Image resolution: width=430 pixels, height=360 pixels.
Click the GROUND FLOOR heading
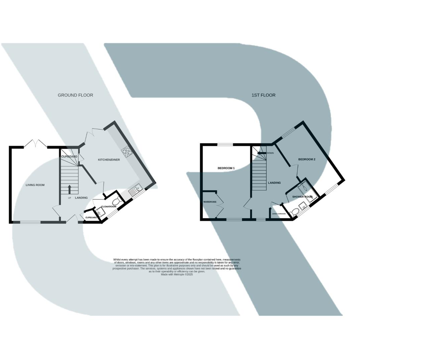tap(75, 95)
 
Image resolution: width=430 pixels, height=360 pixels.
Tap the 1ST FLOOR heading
tap(263, 95)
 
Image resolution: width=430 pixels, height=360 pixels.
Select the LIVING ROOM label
tap(35, 185)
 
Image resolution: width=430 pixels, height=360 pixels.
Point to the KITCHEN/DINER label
tap(109, 160)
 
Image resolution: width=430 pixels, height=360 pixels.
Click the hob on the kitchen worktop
tap(126, 152)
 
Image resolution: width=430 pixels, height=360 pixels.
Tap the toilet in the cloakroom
tap(116, 202)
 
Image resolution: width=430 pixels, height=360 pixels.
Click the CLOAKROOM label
tap(109, 207)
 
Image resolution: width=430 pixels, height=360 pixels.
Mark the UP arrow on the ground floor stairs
tap(69, 189)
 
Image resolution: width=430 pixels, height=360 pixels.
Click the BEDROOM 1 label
tap(226, 168)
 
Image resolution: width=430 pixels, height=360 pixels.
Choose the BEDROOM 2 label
tap(307, 159)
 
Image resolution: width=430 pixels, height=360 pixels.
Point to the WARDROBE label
tap(210, 202)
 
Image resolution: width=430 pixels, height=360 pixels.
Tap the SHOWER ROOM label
tap(302, 197)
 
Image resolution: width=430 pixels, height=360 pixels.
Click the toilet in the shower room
tap(294, 212)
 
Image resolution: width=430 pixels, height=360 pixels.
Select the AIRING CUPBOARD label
tap(279, 214)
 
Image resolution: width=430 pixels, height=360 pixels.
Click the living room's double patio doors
tap(35, 144)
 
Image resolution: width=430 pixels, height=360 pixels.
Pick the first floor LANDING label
tap(274, 183)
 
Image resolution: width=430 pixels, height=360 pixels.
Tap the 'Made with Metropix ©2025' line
tap(177, 274)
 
